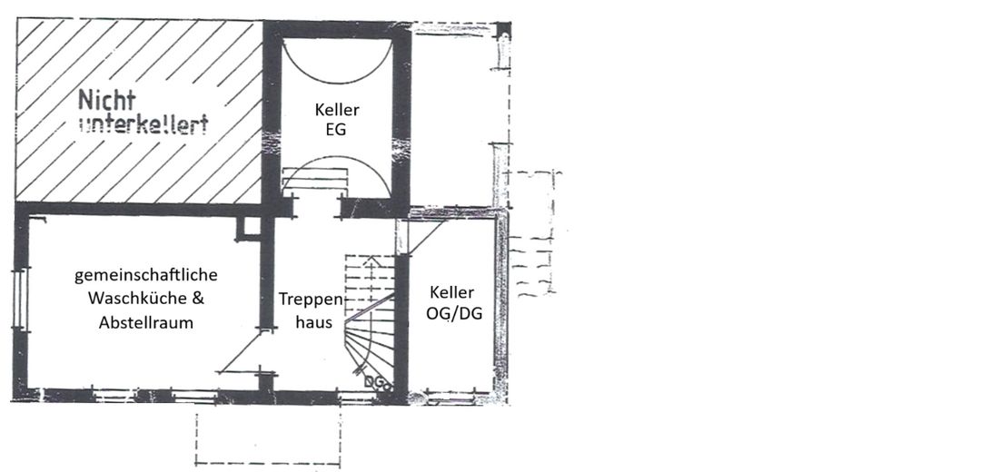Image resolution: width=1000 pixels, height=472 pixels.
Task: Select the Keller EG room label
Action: point(337,119)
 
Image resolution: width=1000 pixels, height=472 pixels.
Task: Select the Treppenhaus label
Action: point(311,310)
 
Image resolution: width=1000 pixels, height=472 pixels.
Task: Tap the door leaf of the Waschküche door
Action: point(243,351)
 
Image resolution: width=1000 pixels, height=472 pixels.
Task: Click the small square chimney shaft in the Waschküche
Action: point(246,228)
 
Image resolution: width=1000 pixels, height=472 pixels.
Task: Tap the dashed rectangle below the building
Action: point(267,439)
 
